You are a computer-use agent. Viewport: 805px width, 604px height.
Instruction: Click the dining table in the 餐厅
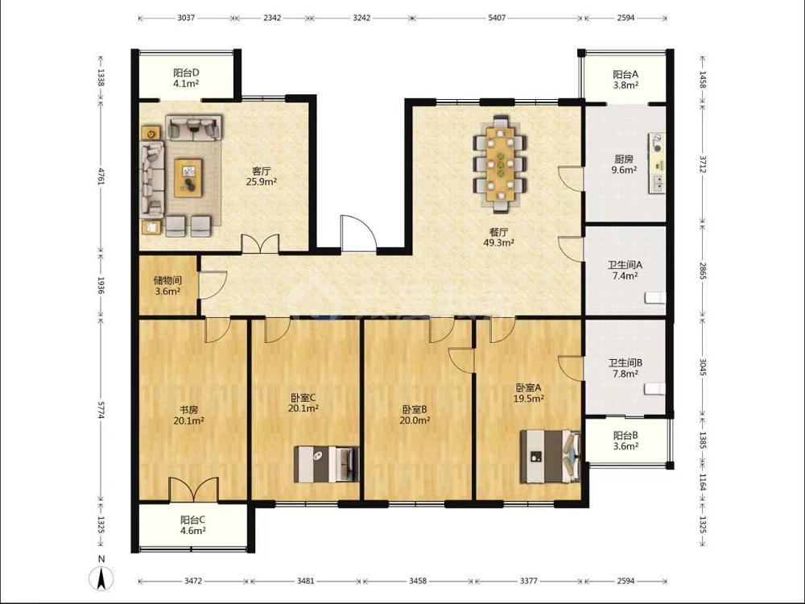[x=500, y=164]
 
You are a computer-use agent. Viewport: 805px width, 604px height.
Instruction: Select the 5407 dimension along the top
[x=497, y=18]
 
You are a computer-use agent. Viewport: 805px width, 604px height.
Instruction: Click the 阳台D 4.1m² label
[x=186, y=77]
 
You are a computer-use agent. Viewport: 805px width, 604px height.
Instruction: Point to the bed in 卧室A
[x=551, y=457]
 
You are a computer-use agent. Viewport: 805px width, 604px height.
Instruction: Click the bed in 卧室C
[x=326, y=464]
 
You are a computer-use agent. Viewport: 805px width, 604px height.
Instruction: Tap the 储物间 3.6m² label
[x=167, y=286]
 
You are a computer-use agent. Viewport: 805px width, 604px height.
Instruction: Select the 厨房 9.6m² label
[x=624, y=164]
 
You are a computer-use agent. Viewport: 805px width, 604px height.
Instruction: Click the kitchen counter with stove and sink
[x=657, y=163]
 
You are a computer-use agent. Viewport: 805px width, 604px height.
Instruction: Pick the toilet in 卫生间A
[x=655, y=298]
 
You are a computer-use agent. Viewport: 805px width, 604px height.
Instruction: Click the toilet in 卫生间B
[x=655, y=389]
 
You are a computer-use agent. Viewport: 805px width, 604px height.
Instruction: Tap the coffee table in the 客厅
[x=188, y=178]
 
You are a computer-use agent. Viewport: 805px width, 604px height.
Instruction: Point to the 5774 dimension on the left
[x=101, y=409]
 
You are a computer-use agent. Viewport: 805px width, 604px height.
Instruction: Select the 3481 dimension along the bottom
[x=305, y=581]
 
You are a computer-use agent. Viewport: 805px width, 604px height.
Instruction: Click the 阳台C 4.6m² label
[x=192, y=525]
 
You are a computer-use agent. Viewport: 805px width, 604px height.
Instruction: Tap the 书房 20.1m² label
[x=189, y=415]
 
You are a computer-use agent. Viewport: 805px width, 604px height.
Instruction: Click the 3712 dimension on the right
[x=702, y=165]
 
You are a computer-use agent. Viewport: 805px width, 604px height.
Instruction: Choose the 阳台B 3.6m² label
[x=625, y=441]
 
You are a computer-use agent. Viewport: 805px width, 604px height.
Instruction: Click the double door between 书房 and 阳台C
[x=193, y=490]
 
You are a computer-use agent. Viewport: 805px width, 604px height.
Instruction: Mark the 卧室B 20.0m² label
[x=415, y=415]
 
